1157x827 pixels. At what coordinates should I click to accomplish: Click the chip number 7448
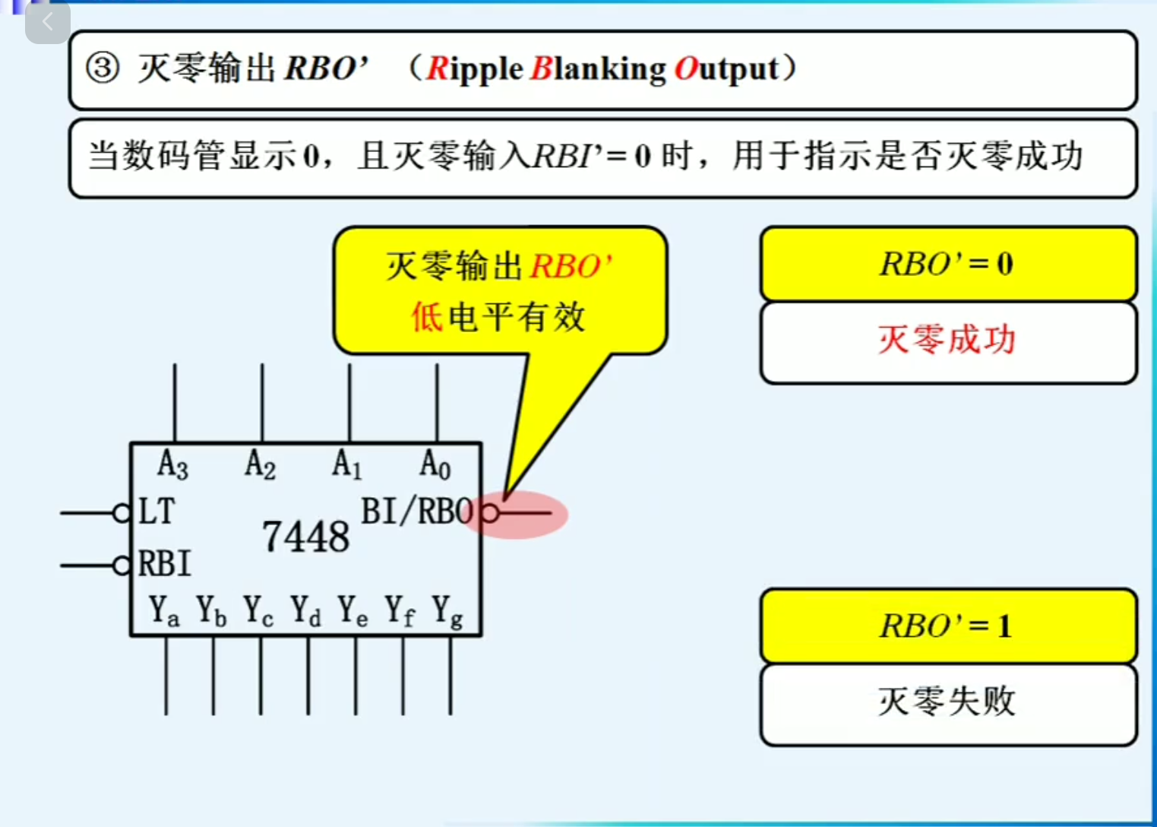tap(306, 537)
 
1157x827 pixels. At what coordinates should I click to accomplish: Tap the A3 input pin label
tap(172, 464)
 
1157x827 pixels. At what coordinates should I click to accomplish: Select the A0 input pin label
tap(435, 464)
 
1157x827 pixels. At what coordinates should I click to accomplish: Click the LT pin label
tap(156, 512)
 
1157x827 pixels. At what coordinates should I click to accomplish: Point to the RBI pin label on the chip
tap(164, 564)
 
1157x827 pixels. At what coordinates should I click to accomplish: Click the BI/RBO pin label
tap(418, 512)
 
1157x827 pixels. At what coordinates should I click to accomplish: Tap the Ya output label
tap(164, 610)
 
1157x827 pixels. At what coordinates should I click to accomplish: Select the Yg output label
tap(447, 611)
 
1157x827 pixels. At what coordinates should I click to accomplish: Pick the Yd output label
tap(306, 610)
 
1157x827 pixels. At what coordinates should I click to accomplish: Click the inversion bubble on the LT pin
tap(122, 513)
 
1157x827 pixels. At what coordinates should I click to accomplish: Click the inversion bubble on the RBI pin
tap(122, 566)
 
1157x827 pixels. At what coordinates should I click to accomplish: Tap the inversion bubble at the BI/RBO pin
tap(490, 513)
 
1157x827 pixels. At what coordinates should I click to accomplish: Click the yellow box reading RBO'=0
tap(947, 264)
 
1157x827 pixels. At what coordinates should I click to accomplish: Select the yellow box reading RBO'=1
tap(947, 626)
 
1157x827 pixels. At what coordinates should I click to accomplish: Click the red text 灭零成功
tap(947, 339)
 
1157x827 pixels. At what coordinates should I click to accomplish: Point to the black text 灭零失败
tap(947, 701)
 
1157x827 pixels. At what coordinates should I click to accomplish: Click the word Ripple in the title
tap(474, 69)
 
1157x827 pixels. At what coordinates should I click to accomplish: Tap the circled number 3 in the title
tap(103, 68)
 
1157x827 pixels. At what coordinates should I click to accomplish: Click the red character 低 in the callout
tap(427, 316)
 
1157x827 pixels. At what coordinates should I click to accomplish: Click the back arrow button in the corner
tap(47, 22)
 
